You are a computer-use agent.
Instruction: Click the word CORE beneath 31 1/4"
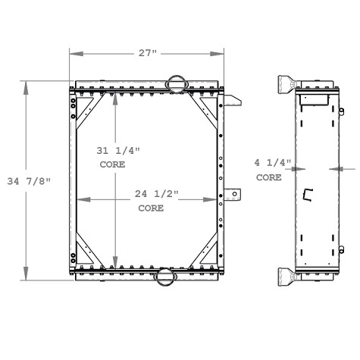(112, 164)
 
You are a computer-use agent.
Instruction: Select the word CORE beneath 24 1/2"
(151, 208)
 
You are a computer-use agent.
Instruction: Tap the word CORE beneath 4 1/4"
(268, 177)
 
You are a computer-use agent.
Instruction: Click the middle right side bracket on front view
(233, 195)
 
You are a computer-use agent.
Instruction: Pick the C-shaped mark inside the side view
(307, 195)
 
